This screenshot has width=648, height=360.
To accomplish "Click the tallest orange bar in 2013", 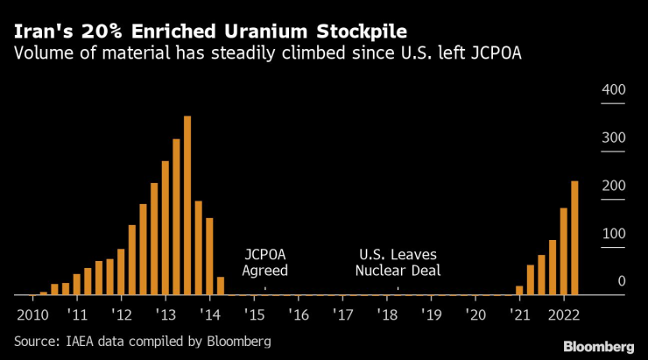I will click(x=187, y=205).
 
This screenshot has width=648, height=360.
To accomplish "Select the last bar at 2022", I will click(x=574, y=237).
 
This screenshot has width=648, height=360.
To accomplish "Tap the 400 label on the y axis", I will click(x=613, y=91).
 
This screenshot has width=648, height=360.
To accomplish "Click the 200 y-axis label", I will click(x=613, y=187).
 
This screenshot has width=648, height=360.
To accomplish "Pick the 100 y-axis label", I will click(x=613, y=235).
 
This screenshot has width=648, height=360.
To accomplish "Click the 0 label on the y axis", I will click(x=620, y=282).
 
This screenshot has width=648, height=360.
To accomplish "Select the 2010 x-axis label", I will click(x=32, y=314).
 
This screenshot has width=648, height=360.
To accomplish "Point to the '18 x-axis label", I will click(x=386, y=314).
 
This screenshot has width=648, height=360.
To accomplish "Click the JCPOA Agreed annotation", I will click(x=264, y=262).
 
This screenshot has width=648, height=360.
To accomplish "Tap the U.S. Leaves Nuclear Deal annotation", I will click(x=398, y=262).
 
